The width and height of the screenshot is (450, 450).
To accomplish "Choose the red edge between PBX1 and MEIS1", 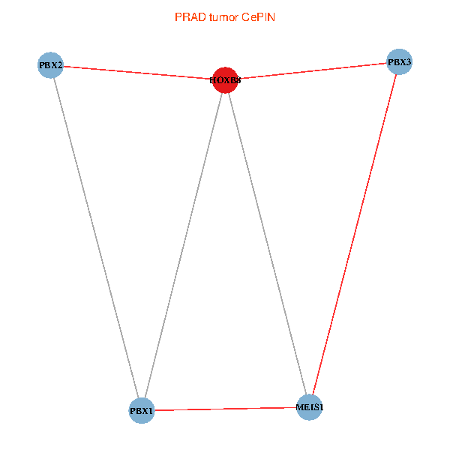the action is click(x=225, y=409).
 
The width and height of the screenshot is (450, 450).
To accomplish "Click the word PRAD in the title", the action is click(x=187, y=16).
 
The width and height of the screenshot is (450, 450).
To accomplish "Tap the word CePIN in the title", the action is click(x=258, y=16).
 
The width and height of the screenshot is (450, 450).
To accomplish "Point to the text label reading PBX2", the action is click(x=50, y=65).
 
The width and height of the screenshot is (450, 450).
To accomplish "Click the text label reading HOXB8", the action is click(x=225, y=80).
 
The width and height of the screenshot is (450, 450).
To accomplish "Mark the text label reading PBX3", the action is click(x=399, y=62).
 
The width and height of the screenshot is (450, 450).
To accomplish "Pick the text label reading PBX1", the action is click(x=141, y=411).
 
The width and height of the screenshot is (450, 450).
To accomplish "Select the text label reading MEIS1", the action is click(x=309, y=407).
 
